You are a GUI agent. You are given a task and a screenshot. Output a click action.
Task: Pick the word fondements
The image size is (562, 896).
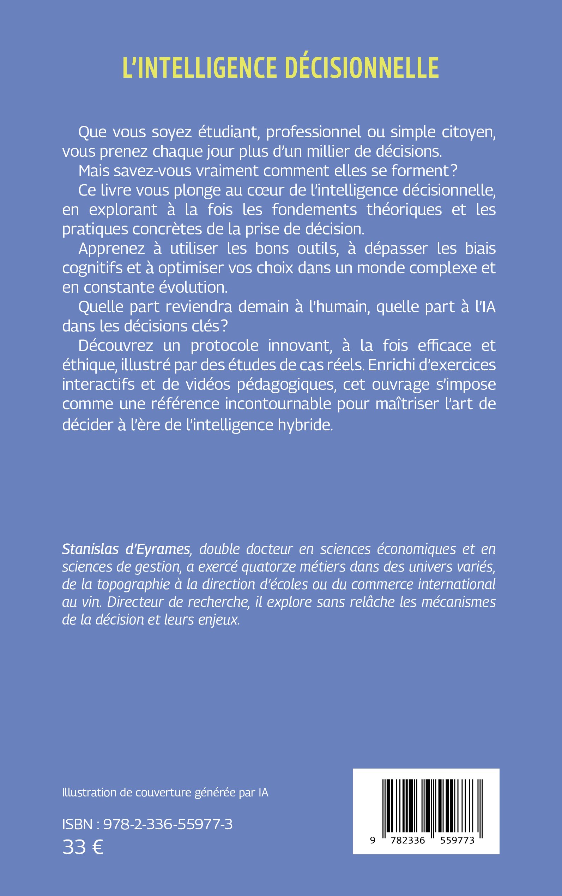[314, 210]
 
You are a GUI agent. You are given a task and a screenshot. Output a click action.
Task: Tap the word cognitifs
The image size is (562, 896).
[92, 268]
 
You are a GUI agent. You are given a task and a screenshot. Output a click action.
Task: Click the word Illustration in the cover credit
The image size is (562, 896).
[89, 792]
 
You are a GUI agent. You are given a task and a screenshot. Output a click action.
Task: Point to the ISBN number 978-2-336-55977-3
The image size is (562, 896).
[168, 824]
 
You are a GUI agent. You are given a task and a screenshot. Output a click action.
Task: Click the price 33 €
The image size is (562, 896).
[83, 847]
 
